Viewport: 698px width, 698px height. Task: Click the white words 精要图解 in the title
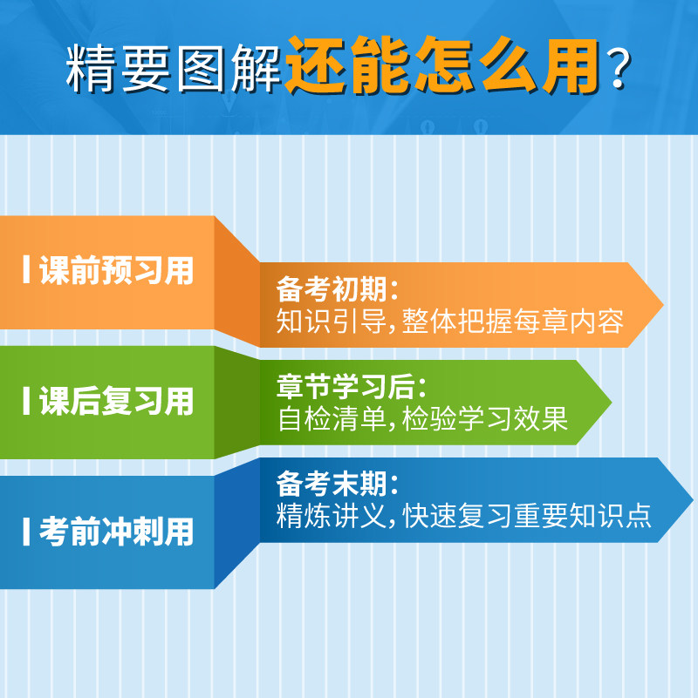pyautogui.click(x=174, y=68)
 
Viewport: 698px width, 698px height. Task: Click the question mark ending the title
pyautogui.click(x=619, y=68)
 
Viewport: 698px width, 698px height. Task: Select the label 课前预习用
pyautogui.click(x=117, y=270)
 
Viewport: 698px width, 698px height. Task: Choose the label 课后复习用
pyautogui.click(x=117, y=401)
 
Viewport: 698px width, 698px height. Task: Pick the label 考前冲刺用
pyautogui.click(x=117, y=531)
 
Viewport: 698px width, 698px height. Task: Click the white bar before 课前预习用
pyautogui.click(x=26, y=269)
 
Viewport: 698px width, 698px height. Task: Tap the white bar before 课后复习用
pyautogui.click(x=26, y=400)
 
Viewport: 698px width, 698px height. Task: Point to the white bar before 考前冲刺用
pyautogui.click(x=26, y=531)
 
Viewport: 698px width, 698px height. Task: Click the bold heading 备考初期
pyautogui.click(x=332, y=289)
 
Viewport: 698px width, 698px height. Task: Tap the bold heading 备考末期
pyautogui.click(x=332, y=484)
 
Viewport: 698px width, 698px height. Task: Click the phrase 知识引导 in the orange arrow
pyautogui.click(x=332, y=321)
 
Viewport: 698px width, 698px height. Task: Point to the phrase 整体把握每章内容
pyautogui.click(x=512, y=321)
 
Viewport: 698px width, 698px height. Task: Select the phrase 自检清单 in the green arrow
pyautogui.click(x=332, y=418)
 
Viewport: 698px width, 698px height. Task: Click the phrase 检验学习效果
pyautogui.click(x=485, y=418)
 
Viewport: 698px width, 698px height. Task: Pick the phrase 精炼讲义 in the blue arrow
pyautogui.click(x=332, y=516)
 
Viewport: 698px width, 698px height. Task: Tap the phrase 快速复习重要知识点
pyautogui.click(x=527, y=516)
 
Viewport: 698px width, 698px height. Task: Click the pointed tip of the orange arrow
pyautogui.click(x=663, y=305)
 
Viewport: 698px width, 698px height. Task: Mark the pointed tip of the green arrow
pyautogui.click(x=611, y=402)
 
